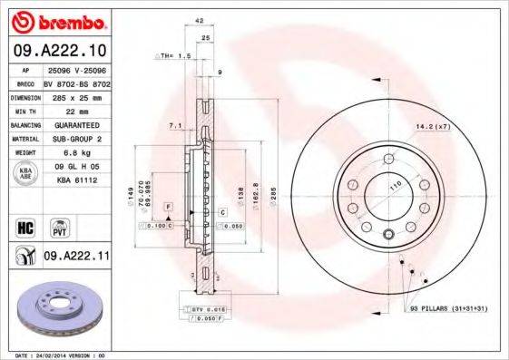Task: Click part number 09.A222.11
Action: [75, 258]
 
